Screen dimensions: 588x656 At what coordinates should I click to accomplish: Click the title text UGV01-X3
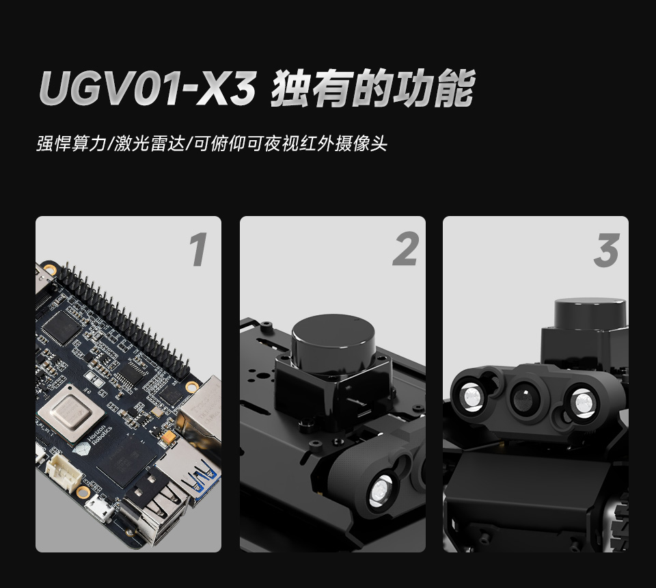146,89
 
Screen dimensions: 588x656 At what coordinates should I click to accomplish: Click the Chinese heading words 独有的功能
372,89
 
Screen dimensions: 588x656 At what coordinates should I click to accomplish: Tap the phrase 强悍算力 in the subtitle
71,144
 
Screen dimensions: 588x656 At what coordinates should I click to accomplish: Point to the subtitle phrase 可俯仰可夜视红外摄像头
290,144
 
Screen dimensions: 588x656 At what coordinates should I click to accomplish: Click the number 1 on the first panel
197,250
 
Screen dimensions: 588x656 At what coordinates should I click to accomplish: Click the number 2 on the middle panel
405,250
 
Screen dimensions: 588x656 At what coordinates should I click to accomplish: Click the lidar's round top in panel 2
333,335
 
